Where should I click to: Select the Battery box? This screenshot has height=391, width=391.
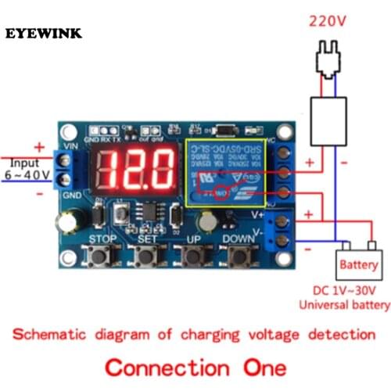click(358, 265)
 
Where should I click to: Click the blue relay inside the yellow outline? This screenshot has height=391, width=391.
click(226, 167)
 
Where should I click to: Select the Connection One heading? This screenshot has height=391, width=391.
click(195, 367)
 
